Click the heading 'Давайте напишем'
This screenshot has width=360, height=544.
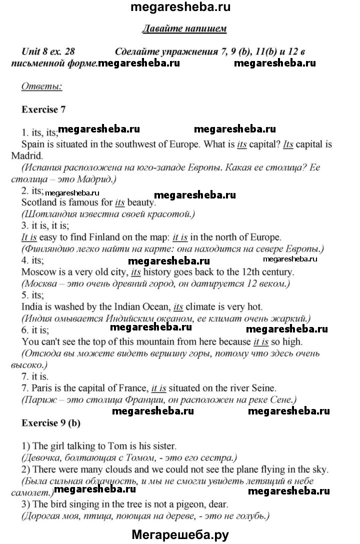(x=184, y=28)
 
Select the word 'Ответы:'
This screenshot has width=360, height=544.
(x=41, y=86)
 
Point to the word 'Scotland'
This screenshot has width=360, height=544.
(x=38, y=203)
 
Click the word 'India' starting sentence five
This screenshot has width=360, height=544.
(x=31, y=306)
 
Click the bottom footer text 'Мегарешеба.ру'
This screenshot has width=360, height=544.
(x=179, y=534)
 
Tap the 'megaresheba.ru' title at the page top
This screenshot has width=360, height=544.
(x=180, y=8)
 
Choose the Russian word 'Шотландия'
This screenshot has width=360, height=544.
(x=50, y=214)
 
